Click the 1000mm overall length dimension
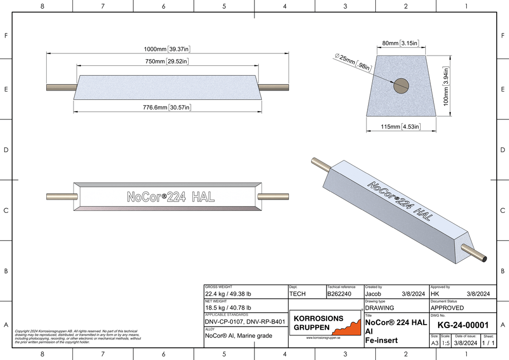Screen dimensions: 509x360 [x=167, y=49]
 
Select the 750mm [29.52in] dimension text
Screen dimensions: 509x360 [x=167, y=61]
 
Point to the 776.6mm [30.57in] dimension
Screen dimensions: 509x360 [x=167, y=107]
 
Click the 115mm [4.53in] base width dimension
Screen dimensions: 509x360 [x=401, y=127]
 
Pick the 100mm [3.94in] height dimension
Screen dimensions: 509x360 [x=446, y=86]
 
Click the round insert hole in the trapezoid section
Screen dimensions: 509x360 [x=401, y=86]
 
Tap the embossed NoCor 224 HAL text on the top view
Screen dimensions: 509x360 [x=171, y=197]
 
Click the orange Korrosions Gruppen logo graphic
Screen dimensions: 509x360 [x=348, y=327]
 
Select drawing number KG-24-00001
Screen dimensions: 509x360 [x=463, y=325]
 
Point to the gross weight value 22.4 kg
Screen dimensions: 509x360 [x=228, y=294]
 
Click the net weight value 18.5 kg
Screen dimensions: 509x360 [x=228, y=308]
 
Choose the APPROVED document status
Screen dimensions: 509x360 [x=447, y=308]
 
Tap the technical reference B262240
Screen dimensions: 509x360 [x=339, y=294]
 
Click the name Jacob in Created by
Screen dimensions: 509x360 [x=373, y=294]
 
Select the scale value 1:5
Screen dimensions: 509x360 [x=445, y=343]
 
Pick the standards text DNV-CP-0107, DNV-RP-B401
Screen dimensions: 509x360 [x=245, y=322]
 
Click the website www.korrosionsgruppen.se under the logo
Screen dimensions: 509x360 [x=323, y=337]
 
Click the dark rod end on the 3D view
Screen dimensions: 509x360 [x=484, y=259]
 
